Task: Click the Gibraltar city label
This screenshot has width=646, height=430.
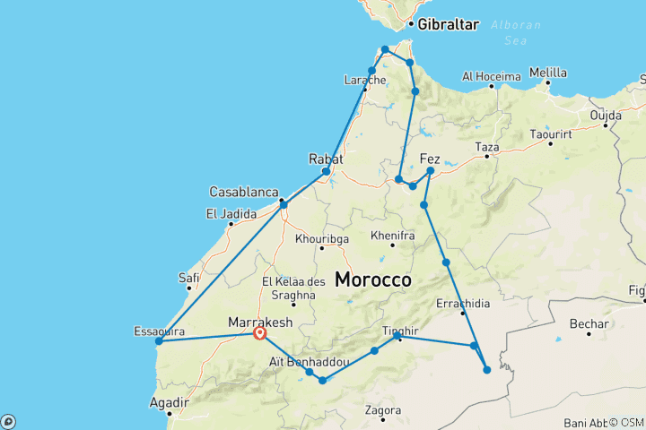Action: click(x=449, y=24)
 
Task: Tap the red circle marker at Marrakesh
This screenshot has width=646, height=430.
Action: click(x=260, y=333)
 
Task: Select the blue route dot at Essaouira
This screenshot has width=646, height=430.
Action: click(x=159, y=340)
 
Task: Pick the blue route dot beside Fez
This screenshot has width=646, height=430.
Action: click(x=431, y=170)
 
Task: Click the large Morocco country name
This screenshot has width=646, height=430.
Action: click(x=373, y=279)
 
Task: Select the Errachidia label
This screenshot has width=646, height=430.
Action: click(x=463, y=304)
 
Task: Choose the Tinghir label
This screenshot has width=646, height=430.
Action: click(x=400, y=330)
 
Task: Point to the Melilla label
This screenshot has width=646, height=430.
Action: click(x=548, y=73)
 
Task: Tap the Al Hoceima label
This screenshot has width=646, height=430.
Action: click(x=492, y=77)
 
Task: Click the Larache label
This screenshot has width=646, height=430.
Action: click(x=365, y=81)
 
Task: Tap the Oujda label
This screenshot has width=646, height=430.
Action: click(x=606, y=116)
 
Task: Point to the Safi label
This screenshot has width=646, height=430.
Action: click(x=189, y=278)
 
